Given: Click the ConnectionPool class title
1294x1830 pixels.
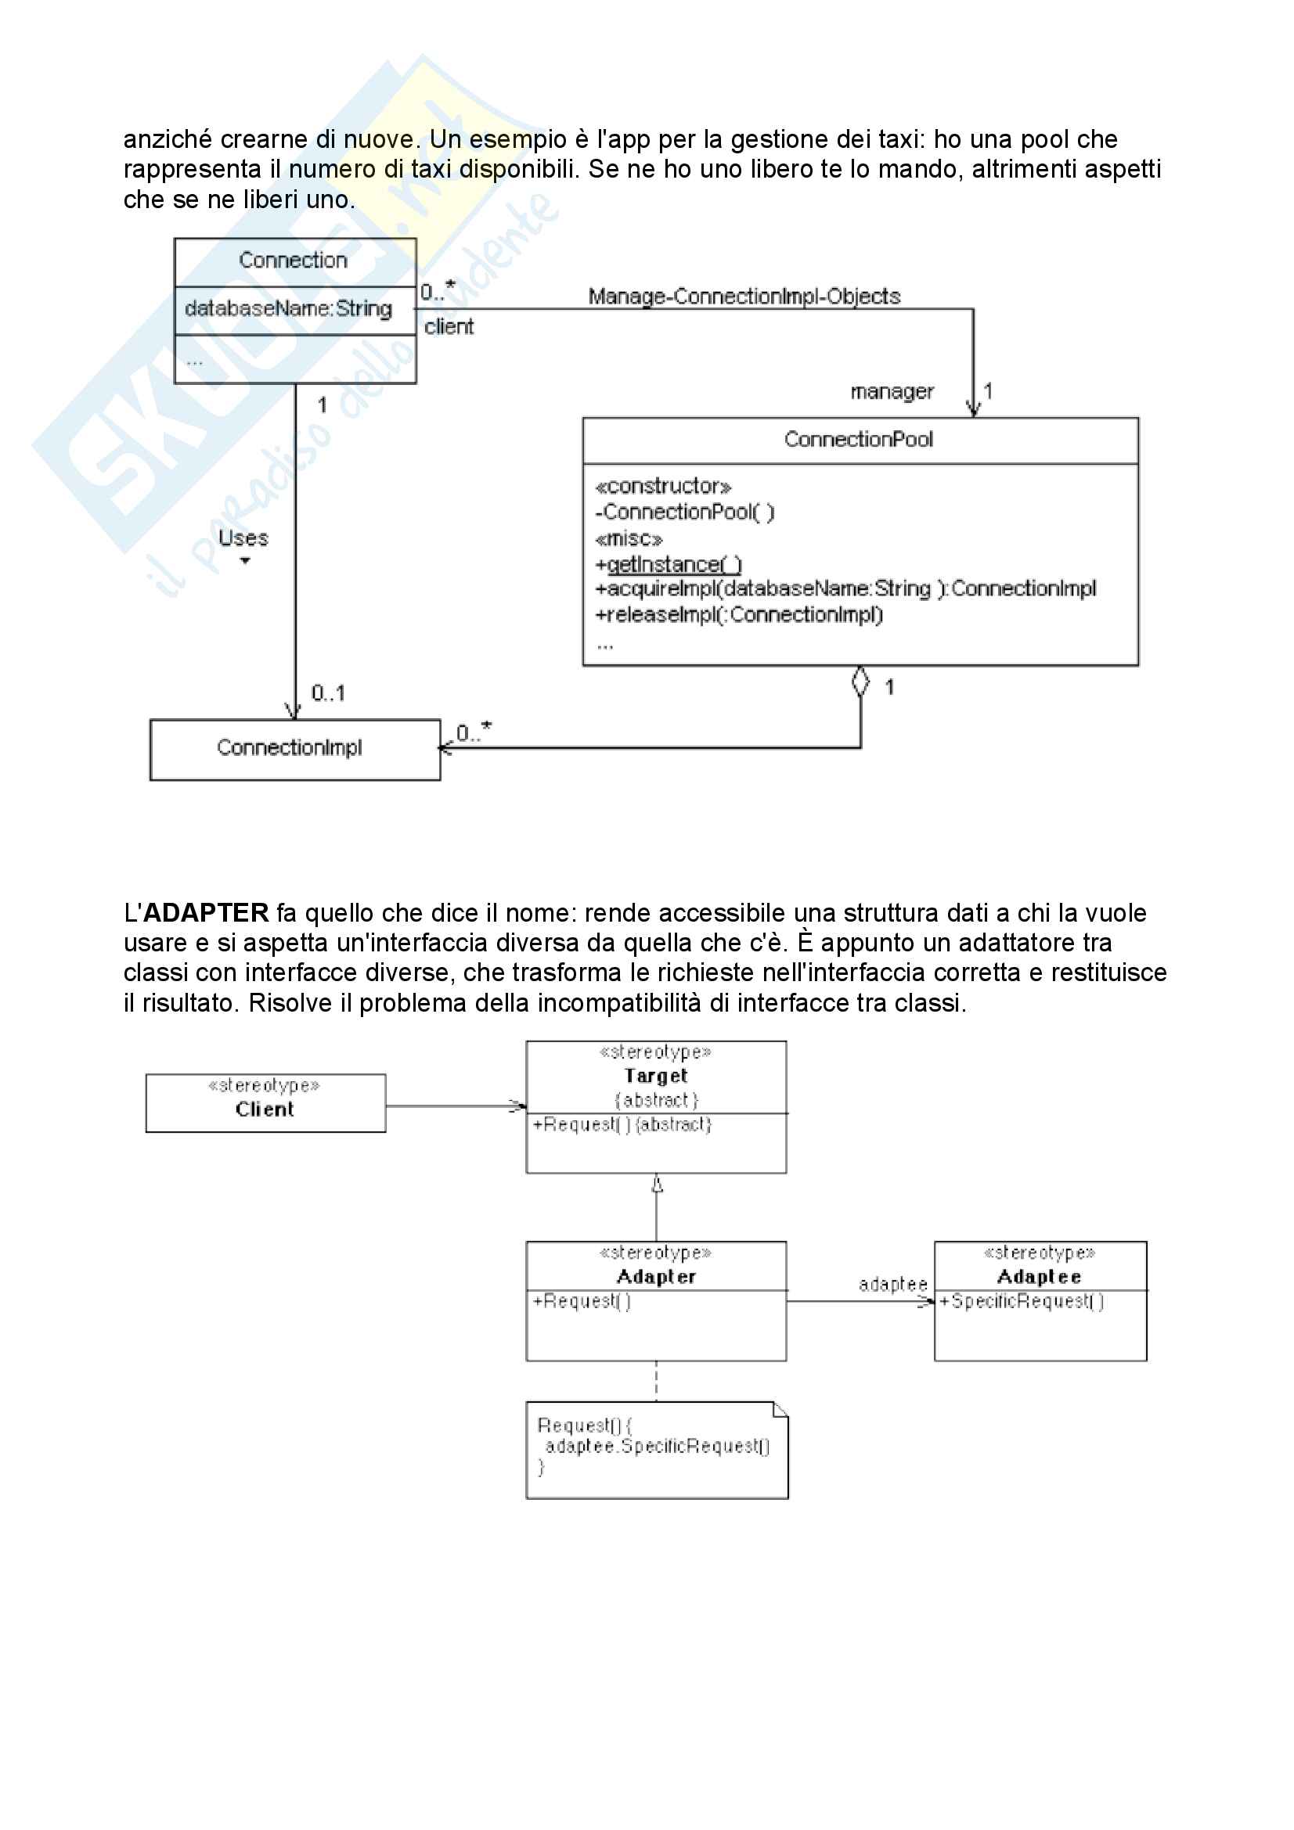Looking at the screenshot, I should pyautogui.click(x=858, y=439).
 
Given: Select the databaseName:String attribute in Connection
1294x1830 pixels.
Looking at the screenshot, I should pyautogui.click(x=288, y=309).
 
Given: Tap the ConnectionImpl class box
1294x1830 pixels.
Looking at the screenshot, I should pyautogui.click(x=294, y=749).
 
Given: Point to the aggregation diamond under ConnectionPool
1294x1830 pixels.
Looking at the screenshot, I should pyautogui.click(x=860, y=681).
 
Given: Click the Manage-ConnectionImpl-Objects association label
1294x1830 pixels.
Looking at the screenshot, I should pyautogui.click(x=744, y=297).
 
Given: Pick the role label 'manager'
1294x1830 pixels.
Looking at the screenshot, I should pyautogui.click(x=892, y=392).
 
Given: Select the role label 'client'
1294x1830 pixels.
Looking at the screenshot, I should pyautogui.click(x=448, y=327).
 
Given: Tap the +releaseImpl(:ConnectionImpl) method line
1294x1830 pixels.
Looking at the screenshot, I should pyautogui.click(x=739, y=614).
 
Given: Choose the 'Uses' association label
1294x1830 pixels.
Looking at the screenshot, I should pyautogui.click(x=243, y=539).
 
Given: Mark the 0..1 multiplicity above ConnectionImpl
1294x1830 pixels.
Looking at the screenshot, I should pyautogui.click(x=328, y=692).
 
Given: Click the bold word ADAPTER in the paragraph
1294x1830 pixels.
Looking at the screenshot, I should pyautogui.click(x=206, y=912).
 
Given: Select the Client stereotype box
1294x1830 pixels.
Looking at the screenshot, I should pyautogui.click(x=265, y=1103).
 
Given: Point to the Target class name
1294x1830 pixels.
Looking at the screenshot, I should pyautogui.click(x=655, y=1076).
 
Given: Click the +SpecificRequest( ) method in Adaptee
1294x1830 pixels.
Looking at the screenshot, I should pyautogui.click(x=1022, y=1301).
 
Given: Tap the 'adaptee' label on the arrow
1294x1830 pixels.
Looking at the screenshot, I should pyautogui.click(x=892, y=1285).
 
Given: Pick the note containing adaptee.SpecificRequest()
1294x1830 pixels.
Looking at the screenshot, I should pyautogui.click(x=656, y=1451).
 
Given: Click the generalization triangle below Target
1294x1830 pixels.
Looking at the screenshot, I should pyautogui.click(x=657, y=1185).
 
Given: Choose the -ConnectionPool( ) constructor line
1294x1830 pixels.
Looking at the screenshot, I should pyautogui.click(x=685, y=512).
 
